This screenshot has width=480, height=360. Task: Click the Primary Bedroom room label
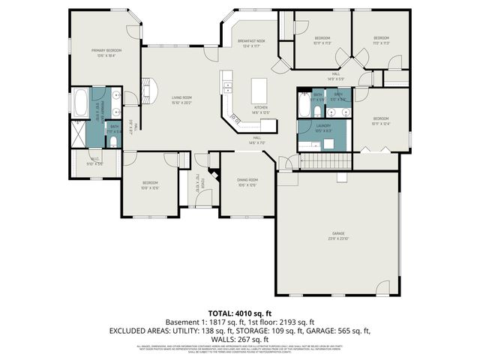coord(106,52)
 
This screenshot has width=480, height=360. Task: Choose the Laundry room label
coord(323,127)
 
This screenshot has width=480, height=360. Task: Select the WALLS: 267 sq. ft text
coord(240,339)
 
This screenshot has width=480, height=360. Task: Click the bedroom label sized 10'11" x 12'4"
coord(381,120)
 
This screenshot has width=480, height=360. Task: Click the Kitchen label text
coord(260,109)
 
